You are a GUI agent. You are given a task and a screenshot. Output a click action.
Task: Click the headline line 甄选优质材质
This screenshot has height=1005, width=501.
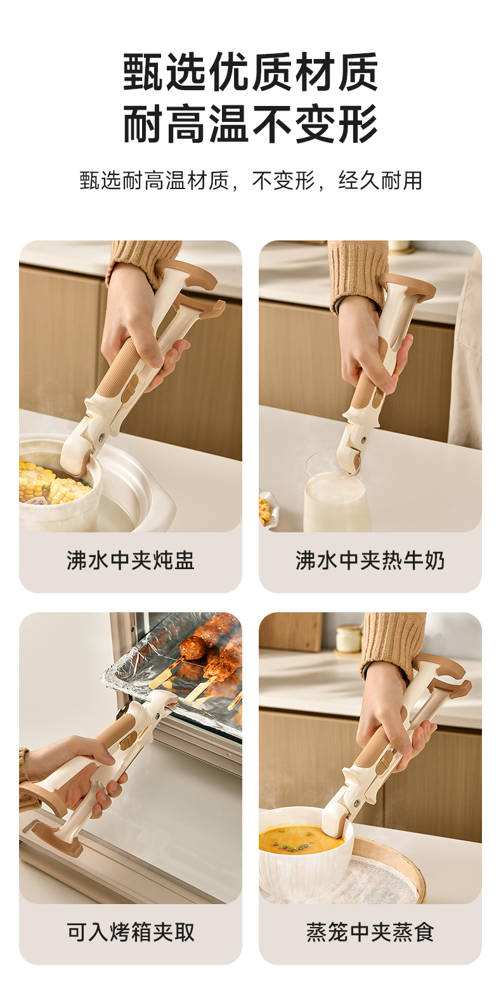pos(251,72)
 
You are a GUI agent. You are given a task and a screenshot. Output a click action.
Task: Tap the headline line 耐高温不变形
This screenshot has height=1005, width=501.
pos(251,123)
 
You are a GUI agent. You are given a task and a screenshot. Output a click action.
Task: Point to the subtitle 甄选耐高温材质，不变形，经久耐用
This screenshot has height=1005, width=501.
pos(251,180)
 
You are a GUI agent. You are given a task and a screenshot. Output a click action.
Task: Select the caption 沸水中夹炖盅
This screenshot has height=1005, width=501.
pos(131,560)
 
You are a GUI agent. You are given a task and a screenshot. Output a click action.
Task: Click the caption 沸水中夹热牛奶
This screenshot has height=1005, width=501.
pos(370,560)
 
